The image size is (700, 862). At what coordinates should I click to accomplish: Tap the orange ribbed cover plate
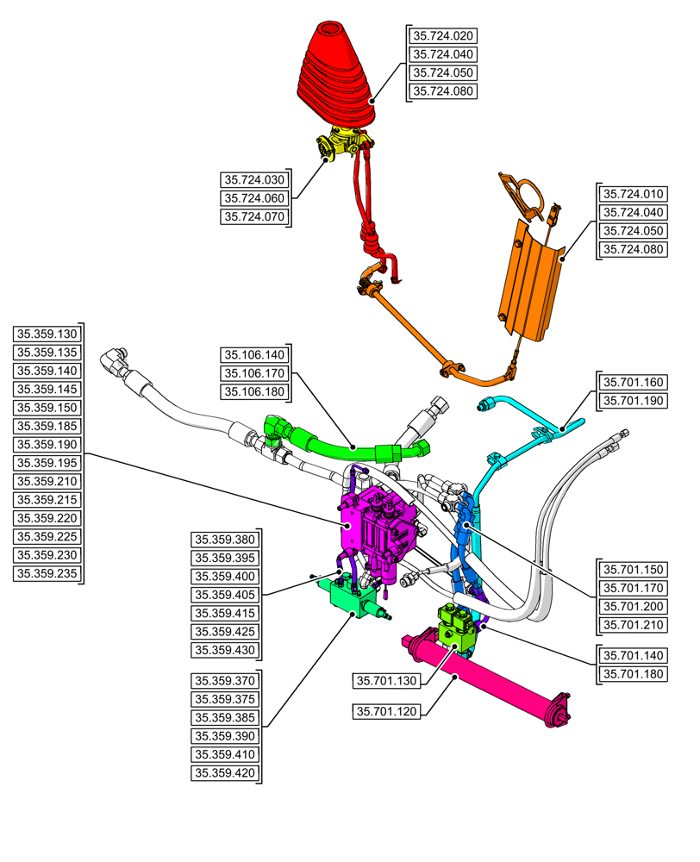(531, 280)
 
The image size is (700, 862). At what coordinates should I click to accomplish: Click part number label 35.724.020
(443, 36)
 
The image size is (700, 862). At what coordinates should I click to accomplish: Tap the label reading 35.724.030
(253, 180)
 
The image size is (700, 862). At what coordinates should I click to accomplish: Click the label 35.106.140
(253, 354)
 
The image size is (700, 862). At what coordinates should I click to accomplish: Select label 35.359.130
(47, 334)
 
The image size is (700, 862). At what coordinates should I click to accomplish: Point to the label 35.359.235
(47, 572)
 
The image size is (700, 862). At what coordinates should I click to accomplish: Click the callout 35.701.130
(387, 681)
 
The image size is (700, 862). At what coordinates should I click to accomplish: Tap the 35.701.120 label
(387, 711)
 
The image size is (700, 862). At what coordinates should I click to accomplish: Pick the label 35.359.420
(225, 773)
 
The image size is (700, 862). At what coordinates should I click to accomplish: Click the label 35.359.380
(225, 540)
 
